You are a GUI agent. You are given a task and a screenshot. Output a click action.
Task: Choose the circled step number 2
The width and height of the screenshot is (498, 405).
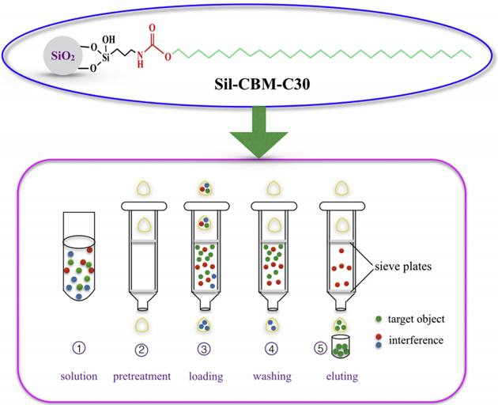pos(143,346)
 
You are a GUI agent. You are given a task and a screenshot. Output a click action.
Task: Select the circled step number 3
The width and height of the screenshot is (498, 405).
pos(205,346)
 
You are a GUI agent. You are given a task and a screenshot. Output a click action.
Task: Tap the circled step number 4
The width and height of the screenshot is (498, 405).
pos(271,346)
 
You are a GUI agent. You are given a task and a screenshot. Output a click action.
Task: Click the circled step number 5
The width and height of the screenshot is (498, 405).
pos(320,346)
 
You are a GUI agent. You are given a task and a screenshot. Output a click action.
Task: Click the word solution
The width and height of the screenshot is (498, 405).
pos(78,376)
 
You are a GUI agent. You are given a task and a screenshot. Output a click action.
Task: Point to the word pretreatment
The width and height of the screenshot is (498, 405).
pos(143,376)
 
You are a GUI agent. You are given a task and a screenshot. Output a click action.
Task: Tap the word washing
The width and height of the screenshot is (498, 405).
pos(271,376)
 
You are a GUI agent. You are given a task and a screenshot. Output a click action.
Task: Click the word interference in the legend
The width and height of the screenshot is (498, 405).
pos(421,339)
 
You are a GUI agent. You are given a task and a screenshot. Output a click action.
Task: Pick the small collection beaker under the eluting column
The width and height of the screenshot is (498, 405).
pos(340,348)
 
